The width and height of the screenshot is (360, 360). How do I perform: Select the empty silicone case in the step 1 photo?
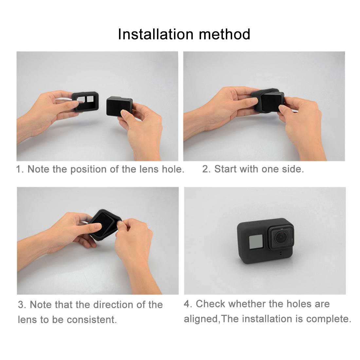tap(86, 101)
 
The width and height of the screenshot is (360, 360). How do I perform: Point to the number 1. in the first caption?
tap(20, 169)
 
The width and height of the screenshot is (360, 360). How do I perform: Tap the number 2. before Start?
tap(206, 169)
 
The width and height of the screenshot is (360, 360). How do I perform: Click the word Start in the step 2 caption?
tap(225, 169)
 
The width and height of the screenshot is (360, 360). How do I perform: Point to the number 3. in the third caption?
tap(22, 305)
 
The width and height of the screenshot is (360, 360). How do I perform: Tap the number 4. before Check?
tap(188, 304)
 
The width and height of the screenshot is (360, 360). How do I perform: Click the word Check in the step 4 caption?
tap(211, 304)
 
